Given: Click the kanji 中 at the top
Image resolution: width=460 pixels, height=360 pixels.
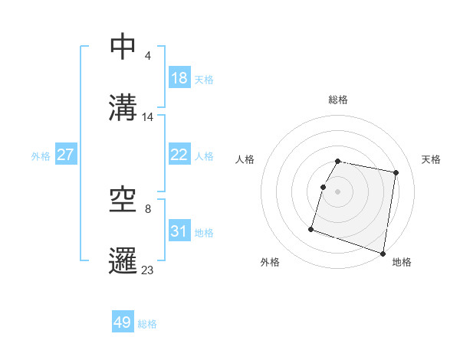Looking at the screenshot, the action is point(123,47).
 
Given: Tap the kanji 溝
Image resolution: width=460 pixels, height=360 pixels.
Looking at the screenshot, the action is point(123,106).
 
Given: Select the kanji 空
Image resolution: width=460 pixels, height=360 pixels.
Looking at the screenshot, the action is point(123,200).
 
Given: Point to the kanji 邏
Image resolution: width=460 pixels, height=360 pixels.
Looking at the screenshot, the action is point(123,259).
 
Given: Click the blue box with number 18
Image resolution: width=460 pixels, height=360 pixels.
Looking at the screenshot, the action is point(179,79).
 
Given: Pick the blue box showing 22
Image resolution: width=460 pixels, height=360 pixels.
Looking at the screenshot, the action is point(179,155).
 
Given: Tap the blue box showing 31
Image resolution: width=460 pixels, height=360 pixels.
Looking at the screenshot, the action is point(179,231).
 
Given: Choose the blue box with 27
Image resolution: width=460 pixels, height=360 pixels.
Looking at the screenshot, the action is point(65,155).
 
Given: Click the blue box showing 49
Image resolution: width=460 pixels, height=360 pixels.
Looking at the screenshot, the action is point(123,322).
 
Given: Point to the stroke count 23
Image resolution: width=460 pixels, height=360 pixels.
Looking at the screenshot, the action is point(148,270).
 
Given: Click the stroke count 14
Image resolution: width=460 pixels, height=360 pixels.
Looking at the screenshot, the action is point(148,116).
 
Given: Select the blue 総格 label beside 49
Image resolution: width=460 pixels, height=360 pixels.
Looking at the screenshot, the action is point(148,324).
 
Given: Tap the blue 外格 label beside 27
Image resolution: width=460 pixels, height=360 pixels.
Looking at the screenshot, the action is point(41,156).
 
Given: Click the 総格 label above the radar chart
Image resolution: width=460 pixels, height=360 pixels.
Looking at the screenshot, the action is point(338,100).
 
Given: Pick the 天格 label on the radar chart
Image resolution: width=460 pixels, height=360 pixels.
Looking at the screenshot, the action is point(431,159).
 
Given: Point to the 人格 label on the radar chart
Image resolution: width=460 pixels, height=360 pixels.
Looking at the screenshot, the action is point(245,159).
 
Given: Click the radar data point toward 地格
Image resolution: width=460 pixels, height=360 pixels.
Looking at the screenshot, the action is point(383,253).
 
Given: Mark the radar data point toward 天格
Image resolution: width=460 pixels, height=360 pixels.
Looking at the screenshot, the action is point(396,174).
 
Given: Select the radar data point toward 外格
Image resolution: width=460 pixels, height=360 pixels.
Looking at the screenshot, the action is point(311,228).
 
